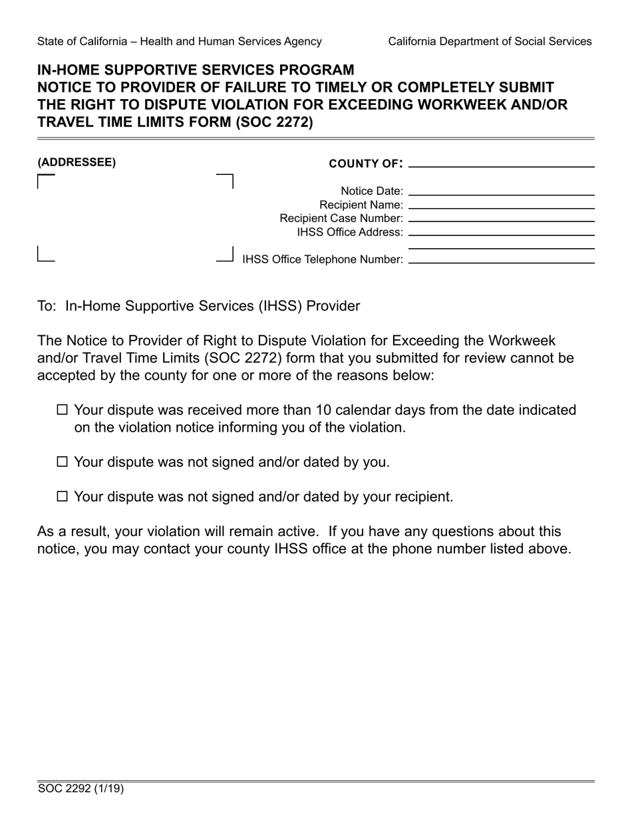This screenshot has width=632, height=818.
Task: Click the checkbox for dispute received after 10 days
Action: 63,410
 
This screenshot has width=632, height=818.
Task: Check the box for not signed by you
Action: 63,462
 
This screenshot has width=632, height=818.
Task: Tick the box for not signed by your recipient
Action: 63,496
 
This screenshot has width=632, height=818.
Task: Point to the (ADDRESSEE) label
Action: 77,162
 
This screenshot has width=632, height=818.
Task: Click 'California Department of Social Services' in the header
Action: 490,41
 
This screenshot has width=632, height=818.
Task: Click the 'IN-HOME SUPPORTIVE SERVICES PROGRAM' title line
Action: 196,70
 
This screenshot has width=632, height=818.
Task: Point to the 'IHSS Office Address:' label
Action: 350,232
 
